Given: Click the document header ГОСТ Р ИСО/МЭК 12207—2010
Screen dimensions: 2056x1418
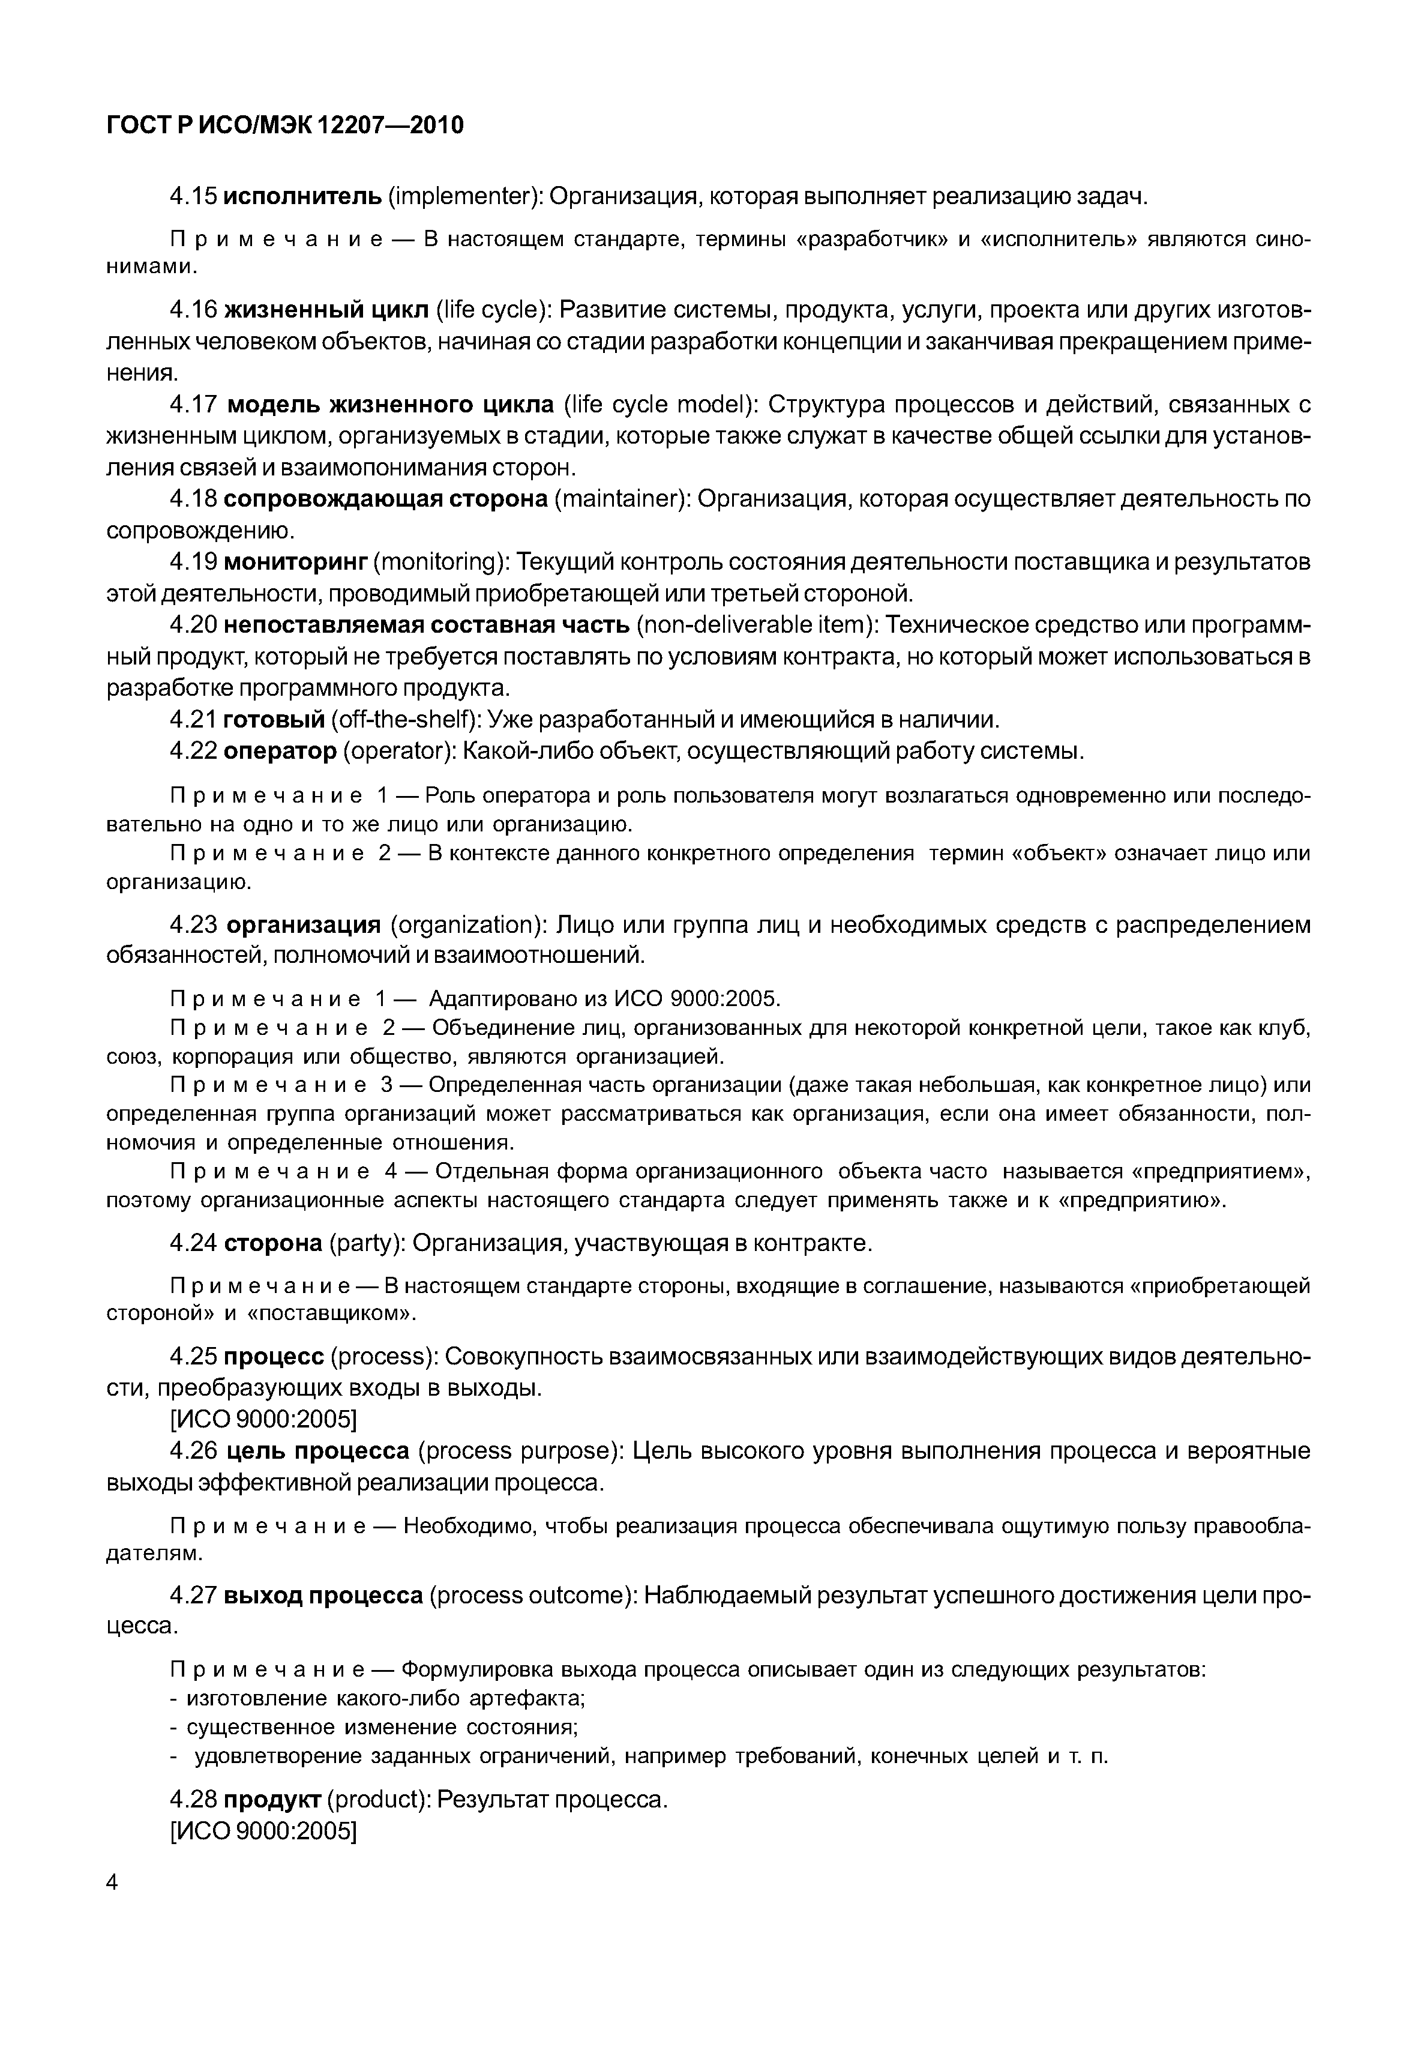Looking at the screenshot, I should [x=284, y=125].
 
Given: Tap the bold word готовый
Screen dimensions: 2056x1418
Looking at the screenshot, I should [x=274, y=719].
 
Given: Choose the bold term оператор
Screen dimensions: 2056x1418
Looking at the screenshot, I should [x=280, y=751].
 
